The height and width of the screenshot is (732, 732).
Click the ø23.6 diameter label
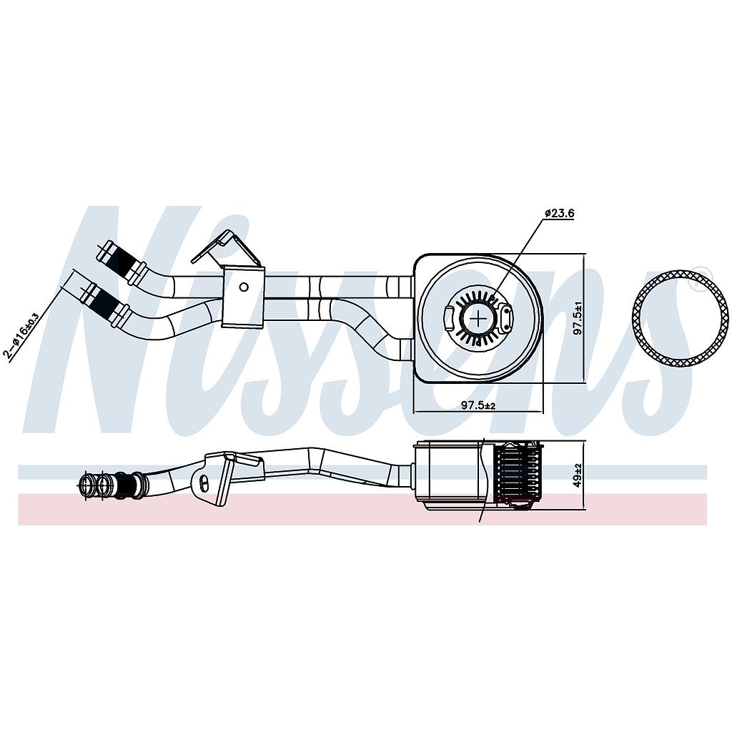[x=559, y=213]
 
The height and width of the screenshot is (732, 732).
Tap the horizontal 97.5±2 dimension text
[x=478, y=405]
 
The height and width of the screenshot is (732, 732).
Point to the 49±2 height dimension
[x=578, y=475]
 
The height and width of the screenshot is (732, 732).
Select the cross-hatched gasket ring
[x=681, y=317]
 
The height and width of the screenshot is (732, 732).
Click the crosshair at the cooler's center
[x=478, y=317]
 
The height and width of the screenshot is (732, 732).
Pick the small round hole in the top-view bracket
[x=244, y=287]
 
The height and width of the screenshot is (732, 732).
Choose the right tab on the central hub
[x=506, y=318]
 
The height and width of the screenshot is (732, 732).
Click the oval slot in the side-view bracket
[x=205, y=484]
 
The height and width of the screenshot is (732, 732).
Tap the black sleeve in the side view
[x=129, y=485]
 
